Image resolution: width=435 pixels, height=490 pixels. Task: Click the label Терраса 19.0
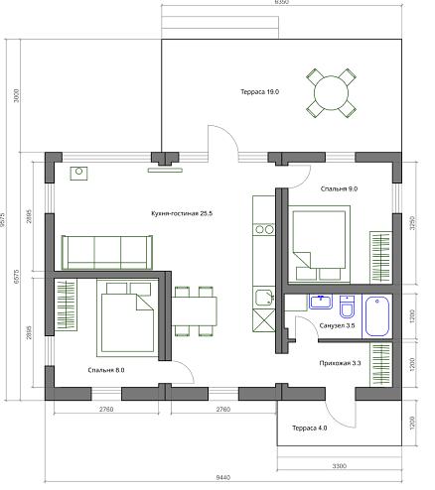(259, 91)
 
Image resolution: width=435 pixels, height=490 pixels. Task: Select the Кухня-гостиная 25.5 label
(182, 213)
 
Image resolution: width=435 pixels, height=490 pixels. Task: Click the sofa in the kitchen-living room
(104, 252)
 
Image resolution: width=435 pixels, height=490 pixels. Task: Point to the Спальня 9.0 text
(339, 187)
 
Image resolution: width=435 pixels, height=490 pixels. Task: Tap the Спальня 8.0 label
(106, 370)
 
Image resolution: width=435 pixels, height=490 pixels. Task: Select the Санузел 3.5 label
(338, 325)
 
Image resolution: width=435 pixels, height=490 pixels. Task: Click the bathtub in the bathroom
(378, 315)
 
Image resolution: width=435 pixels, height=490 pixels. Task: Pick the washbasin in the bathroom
(320, 302)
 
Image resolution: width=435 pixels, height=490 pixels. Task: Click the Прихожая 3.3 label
(339, 362)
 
